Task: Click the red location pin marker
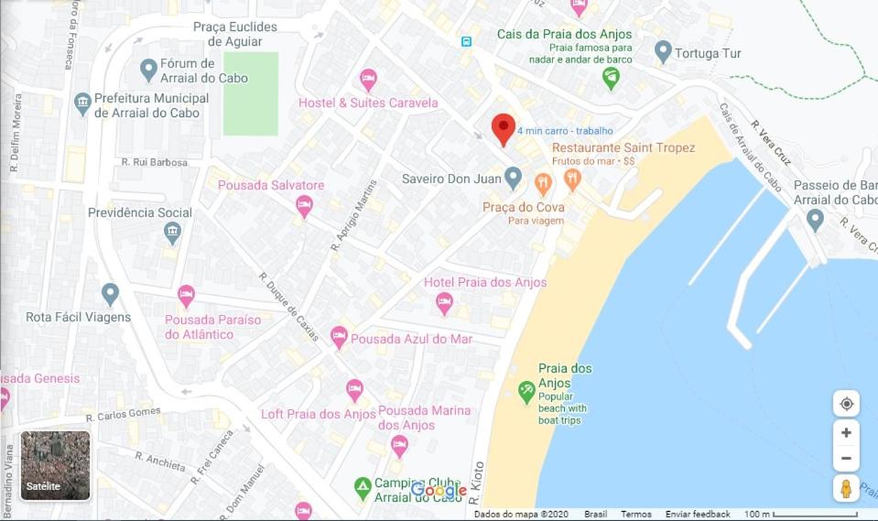pyautogui.click(x=503, y=128)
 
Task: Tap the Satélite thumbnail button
pyautogui.click(x=56, y=465)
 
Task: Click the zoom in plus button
pyautogui.click(x=846, y=432)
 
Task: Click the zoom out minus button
pyautogui.click(x=846, y=458)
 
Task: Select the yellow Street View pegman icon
pyautogui.click(x=846, y=488)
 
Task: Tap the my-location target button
pyautogui.click(x=846, y=404)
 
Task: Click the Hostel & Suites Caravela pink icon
pyautogui.click(x=368, y=80)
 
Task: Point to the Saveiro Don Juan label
pyautogui.click(x=451, y=178)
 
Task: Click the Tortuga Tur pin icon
pyautogui.click(x=663, y=52)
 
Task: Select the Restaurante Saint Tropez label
pyautogui.click(x=623, y=147)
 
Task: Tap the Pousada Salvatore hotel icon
pyautogui.click(x=304, y=206)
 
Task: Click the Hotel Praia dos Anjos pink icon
pyautogui.click(x=444, y=303)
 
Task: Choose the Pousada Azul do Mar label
pyautogui.click(x=411, y=339)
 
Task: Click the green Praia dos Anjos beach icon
pyautogui.click(x=526, y=392)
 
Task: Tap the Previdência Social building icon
pyautogui.click(x=172, y=233)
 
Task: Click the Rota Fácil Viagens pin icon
pyautogui.click(x=111, y=294)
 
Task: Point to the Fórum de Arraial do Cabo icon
pyautogui.click(x=148, y=69)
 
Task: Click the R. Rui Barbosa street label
pyautogui.click(x=154, y=162)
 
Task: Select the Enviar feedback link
pyautogui.click(x=698, y=515)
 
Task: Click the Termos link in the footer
pyautogui.click(x=636, y=515)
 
